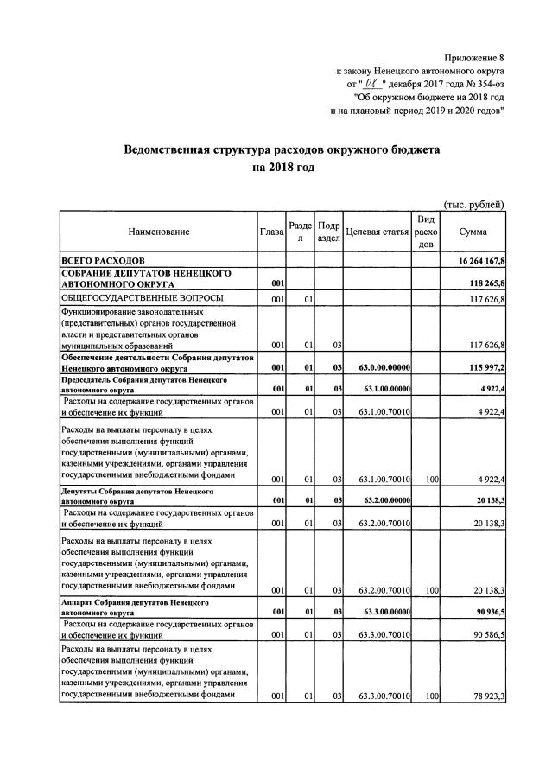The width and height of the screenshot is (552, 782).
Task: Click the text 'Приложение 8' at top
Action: (x=474, y=56)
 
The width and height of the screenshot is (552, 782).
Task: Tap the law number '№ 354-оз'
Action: (x=480, y=84)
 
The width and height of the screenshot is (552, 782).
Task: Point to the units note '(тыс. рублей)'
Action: (x=473, y=204)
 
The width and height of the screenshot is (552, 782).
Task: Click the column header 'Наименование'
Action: (x=158, y=232)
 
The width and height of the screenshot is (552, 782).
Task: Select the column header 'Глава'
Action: (x=271, y=232)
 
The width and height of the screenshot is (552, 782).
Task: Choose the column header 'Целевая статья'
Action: (x=377, y=232)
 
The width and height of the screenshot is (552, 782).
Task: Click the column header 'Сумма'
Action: (x=473, y=232)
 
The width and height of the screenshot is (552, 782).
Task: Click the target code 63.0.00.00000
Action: (x=383, y=368)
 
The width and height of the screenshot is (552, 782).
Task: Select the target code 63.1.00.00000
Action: (x=383, y=390)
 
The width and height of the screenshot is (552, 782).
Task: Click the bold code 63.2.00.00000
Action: (x=383, y=500)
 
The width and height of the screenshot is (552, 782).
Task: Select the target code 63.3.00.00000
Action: (x=383, y=611)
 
